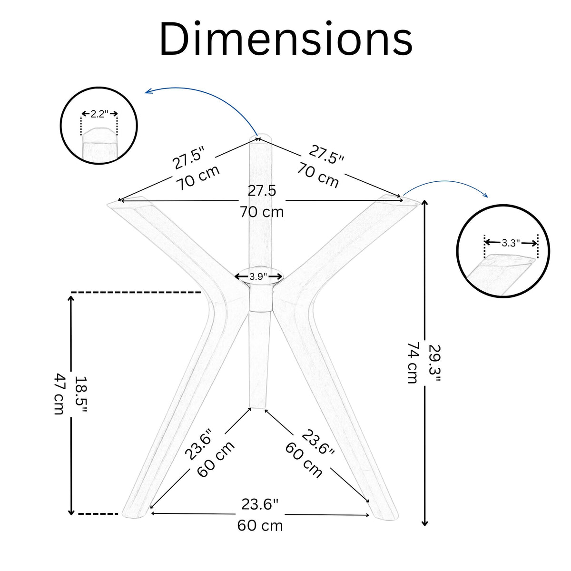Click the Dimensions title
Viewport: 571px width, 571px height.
(286, 39)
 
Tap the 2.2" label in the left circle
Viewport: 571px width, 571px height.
(99, 114)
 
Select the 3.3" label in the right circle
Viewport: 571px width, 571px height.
(511, 243)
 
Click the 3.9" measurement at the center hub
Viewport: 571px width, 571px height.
(258, 276)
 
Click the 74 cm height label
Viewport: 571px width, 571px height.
(413, 363)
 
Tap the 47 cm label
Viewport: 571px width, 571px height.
(59, 394)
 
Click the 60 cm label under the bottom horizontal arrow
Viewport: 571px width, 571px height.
(260, 526)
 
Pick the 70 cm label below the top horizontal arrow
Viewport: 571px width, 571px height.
(262, 212)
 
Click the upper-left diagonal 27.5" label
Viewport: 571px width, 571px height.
(189, 159)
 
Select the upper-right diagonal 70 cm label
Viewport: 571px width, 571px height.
(318, 176)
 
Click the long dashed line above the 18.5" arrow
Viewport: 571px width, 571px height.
(136, 293)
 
